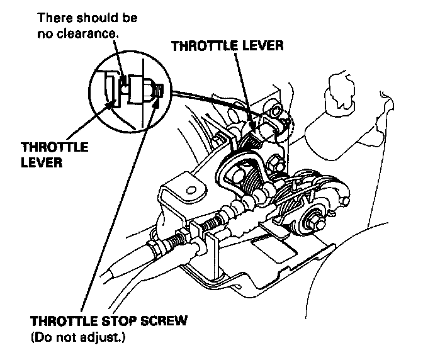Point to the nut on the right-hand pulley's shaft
[312, 222]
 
